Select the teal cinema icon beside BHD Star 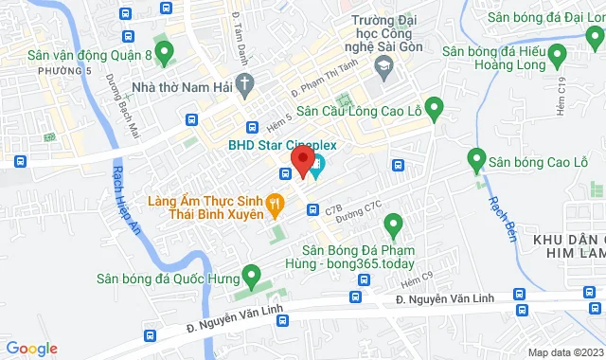(x=317, y=168)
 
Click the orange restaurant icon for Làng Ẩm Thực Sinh (x=276, y=201)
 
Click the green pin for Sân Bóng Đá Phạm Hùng (x=393, y=225)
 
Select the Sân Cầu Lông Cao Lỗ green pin (x=435, y=109)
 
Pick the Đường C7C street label (x=364, y=205)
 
